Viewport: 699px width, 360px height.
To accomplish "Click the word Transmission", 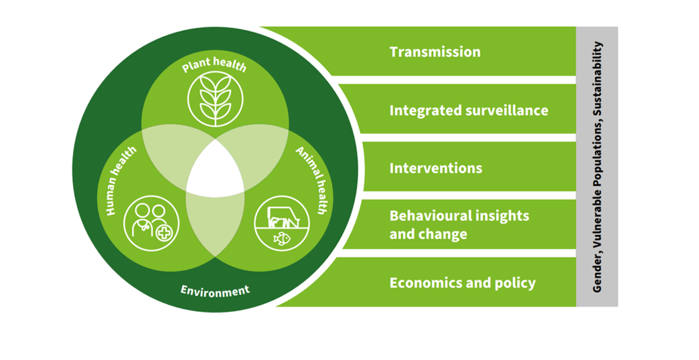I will point(435,52).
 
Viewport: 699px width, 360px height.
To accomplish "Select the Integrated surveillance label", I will point(469,110).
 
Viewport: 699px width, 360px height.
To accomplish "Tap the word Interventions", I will point(436,168).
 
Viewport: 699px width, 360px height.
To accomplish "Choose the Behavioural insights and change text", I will point(459,225).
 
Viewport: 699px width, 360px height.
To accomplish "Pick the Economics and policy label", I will point(463,283).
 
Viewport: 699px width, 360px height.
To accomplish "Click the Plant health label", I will point(215,66).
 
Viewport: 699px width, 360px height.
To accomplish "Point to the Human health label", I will point(121,181).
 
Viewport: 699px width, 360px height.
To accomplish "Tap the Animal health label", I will point(310,181).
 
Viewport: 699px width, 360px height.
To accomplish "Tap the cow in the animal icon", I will point(281,217).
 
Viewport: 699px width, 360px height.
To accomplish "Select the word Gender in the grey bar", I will point(598,274).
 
